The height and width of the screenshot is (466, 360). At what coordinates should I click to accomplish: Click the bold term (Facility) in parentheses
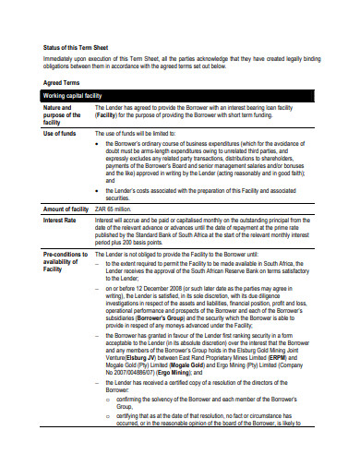112,115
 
